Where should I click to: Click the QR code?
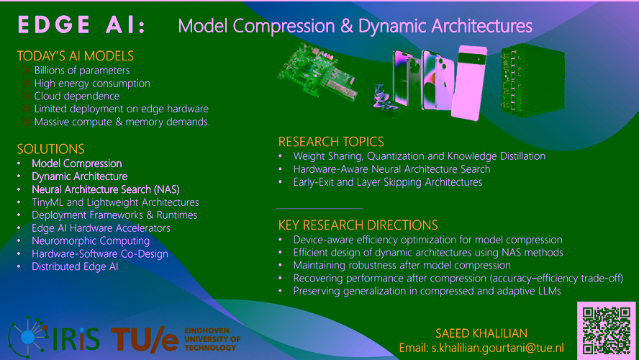607,330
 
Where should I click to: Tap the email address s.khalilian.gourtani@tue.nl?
497,348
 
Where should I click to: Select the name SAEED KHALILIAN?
481,333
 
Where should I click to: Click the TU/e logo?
145,339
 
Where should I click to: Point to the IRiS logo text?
76,339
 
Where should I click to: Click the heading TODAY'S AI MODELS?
76,55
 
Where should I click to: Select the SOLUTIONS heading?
50,149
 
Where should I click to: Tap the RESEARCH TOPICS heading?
331,141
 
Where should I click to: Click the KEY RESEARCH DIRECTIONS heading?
358,225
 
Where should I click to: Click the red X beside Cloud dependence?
27,96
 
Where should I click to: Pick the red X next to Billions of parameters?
27,70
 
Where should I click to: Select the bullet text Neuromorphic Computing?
91,241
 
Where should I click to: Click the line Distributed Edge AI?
75,266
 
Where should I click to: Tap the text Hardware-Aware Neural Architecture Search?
391,169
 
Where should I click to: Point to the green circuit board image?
318,72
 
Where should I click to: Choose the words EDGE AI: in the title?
81,25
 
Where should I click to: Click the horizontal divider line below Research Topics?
319,208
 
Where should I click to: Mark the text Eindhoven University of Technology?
212,339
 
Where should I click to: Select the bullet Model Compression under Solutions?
76,163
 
